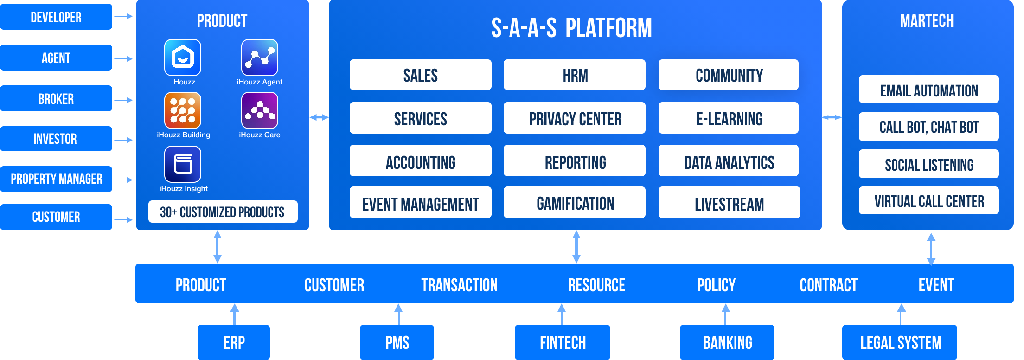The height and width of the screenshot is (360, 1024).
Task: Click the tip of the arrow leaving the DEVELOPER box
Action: click(133, 17)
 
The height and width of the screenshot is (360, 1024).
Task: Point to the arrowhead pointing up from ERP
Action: click(235, 308)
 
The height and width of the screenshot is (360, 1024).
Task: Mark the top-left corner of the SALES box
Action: click(350, 59)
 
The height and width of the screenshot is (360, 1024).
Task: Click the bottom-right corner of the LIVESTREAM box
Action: click(800, 218)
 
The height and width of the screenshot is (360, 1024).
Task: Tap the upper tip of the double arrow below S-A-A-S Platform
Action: click(576, 231)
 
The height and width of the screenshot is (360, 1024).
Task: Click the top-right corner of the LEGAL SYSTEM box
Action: click(957, 325)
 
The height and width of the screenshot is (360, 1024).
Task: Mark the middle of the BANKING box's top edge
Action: click(727, 325)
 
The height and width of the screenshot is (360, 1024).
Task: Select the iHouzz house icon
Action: click(183, 57)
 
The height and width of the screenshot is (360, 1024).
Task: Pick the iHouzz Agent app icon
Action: click(260, 57)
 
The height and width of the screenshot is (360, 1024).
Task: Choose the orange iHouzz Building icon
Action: click(183, 110)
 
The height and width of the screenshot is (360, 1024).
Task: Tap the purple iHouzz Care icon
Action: click(260, 110)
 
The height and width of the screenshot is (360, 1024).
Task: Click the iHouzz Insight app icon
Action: click(183, 164)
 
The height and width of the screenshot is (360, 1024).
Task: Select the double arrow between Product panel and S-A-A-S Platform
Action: click(319, 117)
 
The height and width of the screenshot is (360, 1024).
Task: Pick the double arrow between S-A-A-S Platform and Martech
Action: click(832, 117)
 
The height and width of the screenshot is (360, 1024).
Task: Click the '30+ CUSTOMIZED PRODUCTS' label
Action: click(222, 212)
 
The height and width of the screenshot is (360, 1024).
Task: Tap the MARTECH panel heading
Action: click(927, 21)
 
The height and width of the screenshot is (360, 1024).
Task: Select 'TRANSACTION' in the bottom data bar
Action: click(460, 285)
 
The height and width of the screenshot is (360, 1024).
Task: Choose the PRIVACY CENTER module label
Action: click(576, 119)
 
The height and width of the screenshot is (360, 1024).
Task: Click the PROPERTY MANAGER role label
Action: click(57, 179)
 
